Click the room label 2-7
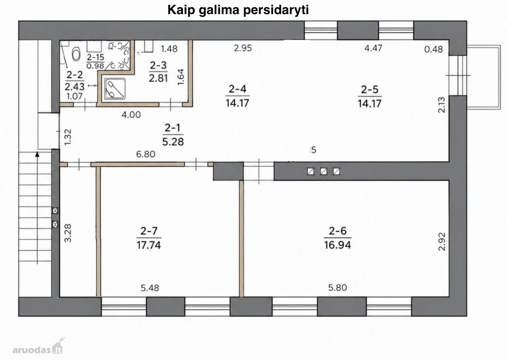point(149,231)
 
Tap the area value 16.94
point(337,245)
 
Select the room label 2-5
point(370,90)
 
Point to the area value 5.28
point(173,142)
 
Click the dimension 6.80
point(146,154)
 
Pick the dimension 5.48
point(150,288)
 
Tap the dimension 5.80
point(337,288)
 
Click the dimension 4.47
point(373,48)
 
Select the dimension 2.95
point(243,48)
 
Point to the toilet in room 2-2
point(76,55)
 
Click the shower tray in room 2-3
point(115,89)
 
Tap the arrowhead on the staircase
point(37,154)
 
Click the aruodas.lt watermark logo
point(37,346)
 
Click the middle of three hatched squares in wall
point(323,172)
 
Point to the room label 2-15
point(95,57)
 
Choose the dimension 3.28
point(68,233)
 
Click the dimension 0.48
point(433,49)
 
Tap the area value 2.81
point(158,78)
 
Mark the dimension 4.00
point(131,115)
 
